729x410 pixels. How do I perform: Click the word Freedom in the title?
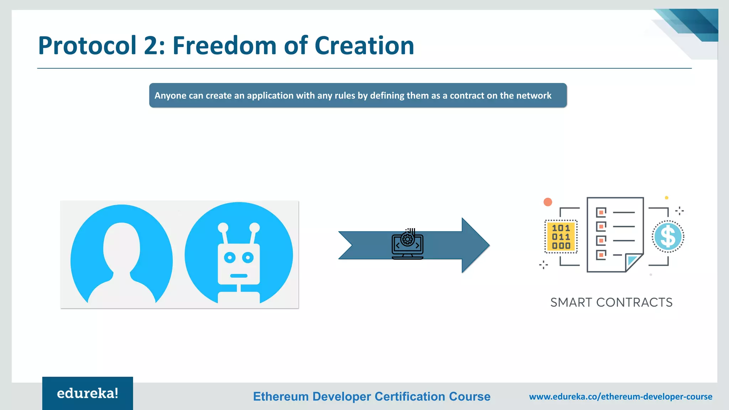224,46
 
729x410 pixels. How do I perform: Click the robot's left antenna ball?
223,227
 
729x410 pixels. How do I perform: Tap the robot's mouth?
238,276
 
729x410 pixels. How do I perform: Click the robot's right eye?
248,257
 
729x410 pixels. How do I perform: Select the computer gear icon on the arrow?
408,244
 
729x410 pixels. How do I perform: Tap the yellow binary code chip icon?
561,237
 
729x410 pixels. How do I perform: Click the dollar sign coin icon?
668,237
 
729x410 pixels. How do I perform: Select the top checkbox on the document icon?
601,212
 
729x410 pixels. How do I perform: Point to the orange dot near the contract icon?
548,202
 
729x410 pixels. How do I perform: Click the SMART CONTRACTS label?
611,302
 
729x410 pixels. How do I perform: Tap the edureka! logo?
88,393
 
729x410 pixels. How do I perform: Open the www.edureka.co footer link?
620,396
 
